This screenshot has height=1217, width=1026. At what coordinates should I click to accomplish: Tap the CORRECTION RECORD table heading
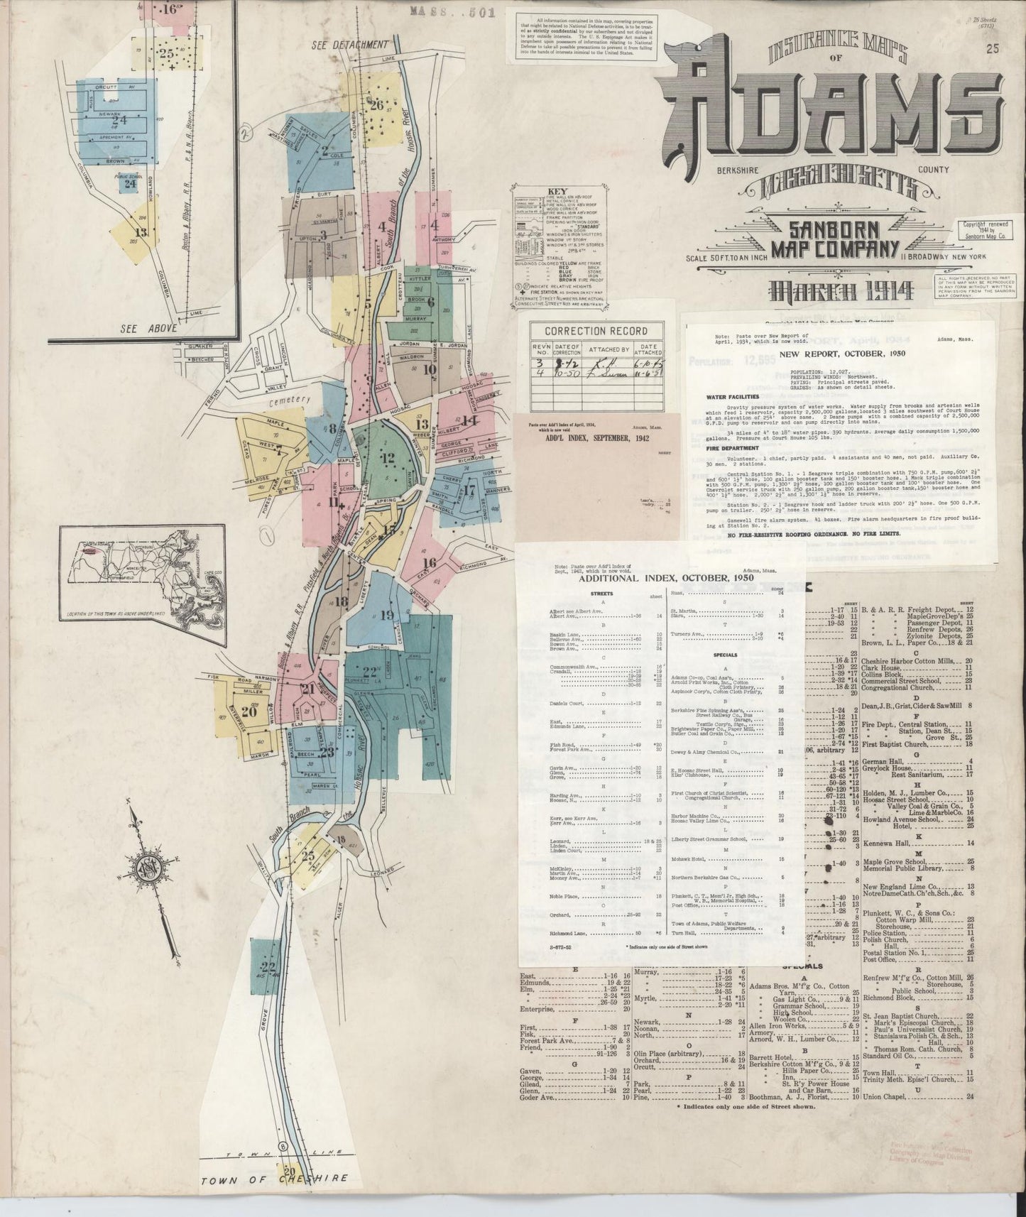pyautogui.click(x=596, y=331)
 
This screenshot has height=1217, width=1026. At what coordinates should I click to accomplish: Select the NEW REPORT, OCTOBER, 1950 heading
pyautogui.click(x=831, y=353)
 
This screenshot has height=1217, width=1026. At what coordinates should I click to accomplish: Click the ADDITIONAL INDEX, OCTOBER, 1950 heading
pyautogui.click(x=666, y=578)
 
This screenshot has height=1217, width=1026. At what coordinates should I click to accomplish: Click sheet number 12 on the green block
pyautogui.click(x=387, y=459)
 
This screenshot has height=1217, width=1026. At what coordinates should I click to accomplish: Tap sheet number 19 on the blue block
pyautogui.click(x=387, y=615)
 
